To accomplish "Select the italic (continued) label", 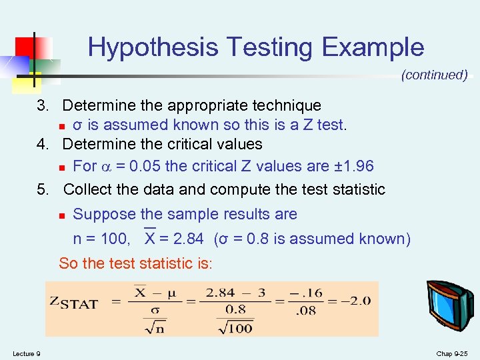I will tap(434, 75).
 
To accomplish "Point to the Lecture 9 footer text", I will tap(26, 353).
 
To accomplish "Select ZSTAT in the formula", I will tap(74, 303).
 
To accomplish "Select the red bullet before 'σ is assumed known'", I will tap(61, 126).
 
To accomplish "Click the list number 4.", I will tap(42, 144).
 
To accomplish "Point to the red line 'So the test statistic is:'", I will tap(135, 263).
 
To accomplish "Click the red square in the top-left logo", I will tap(25, 47).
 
